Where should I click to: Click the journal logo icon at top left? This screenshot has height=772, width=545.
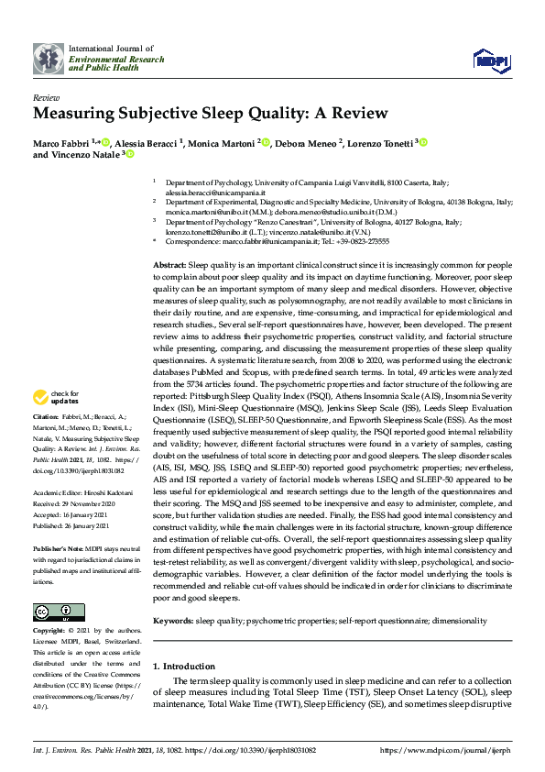(48, 58)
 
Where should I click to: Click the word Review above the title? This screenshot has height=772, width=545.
(46, 97)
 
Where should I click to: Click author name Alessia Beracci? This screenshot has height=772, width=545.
(146, 142)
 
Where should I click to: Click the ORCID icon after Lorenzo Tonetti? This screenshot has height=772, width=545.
(424, 142)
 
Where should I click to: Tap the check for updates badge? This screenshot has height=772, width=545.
(58, 397)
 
